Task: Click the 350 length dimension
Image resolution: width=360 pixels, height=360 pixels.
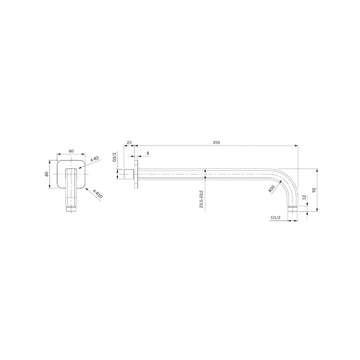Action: [x=216, y=142]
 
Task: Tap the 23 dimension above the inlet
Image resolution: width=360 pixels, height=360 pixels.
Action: [x=130, y=142]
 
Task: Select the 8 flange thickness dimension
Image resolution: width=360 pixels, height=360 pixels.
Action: [x=147, y=153]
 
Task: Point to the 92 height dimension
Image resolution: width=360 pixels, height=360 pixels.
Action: [x=314, y=190]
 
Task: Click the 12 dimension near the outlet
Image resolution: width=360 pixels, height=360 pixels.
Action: [x=304, y=197]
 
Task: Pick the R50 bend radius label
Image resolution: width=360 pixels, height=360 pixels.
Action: [x=272, y=189]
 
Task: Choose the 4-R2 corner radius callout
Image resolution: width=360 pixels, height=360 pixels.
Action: [x=94, y=159]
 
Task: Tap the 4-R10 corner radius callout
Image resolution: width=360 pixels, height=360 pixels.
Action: [x=98, y=193]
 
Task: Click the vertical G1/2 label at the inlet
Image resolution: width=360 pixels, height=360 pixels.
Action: [x=115, y=157]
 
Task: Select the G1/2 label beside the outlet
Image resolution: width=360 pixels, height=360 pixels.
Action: [x=275, y=217]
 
